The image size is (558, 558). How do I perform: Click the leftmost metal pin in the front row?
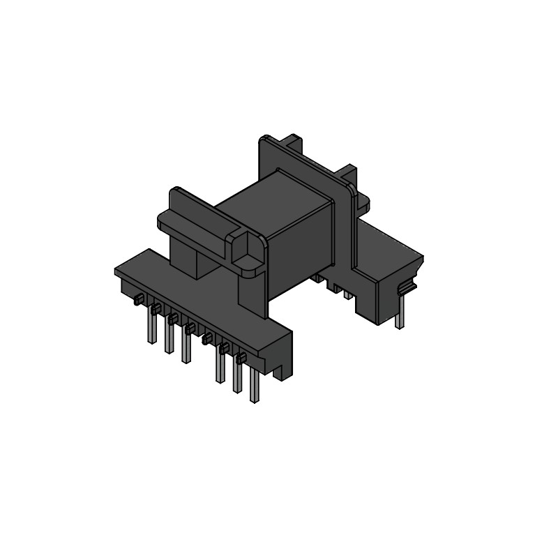pyautogui.click(x=151, y=327)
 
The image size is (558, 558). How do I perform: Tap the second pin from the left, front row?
pyautogui.click(x=168, y=338)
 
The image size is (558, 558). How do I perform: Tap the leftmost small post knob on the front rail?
pyautogui.click(x=139, y=300)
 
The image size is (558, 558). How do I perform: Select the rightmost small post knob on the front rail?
pyautogui.click(x=241, y=359)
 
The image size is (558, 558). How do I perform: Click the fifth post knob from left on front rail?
pyautogui.click(x=207, y=339)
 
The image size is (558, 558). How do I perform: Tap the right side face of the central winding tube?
pyautogui.click(x=300, y=244)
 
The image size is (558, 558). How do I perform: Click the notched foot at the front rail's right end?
pyautogui.click(x=282, y=366)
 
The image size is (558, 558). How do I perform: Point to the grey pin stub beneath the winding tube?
pyautogui.click(x=347, y=294)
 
